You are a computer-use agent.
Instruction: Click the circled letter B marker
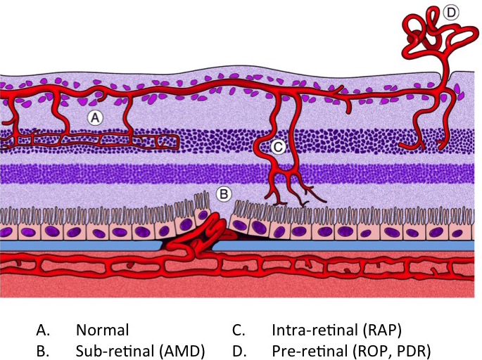point(223,192)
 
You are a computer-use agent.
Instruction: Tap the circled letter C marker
point(279,146)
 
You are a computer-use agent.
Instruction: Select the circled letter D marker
point(451,12)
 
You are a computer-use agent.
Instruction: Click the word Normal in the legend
point(103,329)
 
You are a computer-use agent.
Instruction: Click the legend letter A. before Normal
point(44,329)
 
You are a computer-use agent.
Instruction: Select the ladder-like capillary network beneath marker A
point(91,141)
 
